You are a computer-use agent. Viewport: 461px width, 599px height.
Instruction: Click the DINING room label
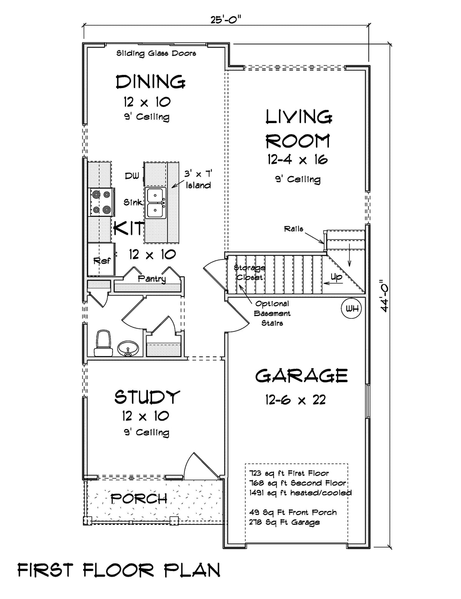[151, 82]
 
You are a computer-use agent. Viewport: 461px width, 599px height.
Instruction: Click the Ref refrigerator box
[101, 260]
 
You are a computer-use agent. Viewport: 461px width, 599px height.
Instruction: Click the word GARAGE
[302, 376]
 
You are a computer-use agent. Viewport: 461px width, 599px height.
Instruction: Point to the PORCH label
[139, 499]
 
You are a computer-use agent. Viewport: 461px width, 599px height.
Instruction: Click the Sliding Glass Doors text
[156, 53]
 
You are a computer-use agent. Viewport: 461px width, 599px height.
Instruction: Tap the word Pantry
[152, 279]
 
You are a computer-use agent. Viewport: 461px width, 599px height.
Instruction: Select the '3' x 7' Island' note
[198, 180]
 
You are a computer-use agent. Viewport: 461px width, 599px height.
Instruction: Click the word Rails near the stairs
[294, 229]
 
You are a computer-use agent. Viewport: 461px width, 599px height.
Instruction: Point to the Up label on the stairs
[336, 278]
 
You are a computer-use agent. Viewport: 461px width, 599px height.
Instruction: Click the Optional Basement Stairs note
[272, 313]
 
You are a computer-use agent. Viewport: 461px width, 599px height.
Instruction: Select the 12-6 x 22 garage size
[295, 400]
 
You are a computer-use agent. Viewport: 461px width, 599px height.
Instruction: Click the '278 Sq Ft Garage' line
[284, 522]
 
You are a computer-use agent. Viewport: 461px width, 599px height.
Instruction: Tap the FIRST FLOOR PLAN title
[119, 570]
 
